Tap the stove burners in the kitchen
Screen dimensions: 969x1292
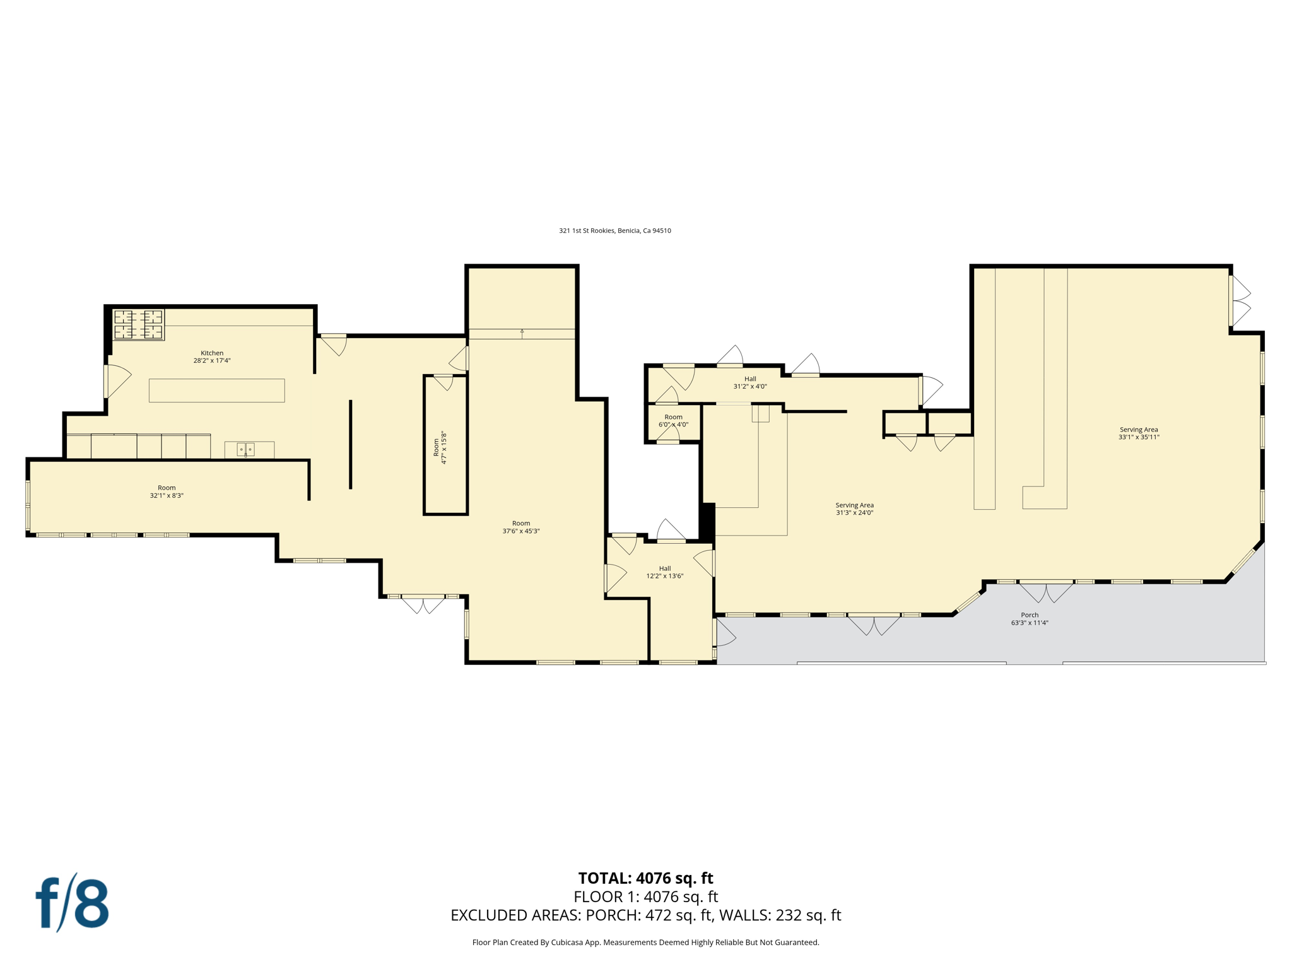[x=138, y=324]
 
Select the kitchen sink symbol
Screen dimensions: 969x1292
[x=245, y=449]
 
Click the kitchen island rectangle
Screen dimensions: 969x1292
[x=216, y=391]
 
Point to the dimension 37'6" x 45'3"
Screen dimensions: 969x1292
[x=521, y=531]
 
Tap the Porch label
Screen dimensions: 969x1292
[x=1030, y=615]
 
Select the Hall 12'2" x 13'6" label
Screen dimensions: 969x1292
[x=665, y=572]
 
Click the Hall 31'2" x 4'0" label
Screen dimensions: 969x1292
[x=750, y=383]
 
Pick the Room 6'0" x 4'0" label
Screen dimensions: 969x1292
[x=673, y=421]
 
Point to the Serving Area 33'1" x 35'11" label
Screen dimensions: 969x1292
[x=1139, y=433]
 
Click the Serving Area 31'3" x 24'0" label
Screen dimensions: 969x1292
[x=854, y=509]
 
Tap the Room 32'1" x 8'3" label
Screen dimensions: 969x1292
[x=167, y=491]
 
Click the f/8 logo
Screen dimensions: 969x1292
[x=72, y=903]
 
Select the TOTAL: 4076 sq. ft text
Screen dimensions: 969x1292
[x=645, y=878]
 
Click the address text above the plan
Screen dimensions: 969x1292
[x=614, y=231]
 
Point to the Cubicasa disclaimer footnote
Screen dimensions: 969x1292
[x=645, y=943]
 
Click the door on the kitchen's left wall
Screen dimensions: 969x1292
[x=116, y=380]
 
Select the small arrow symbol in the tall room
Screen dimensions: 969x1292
[x=522, y=331]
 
